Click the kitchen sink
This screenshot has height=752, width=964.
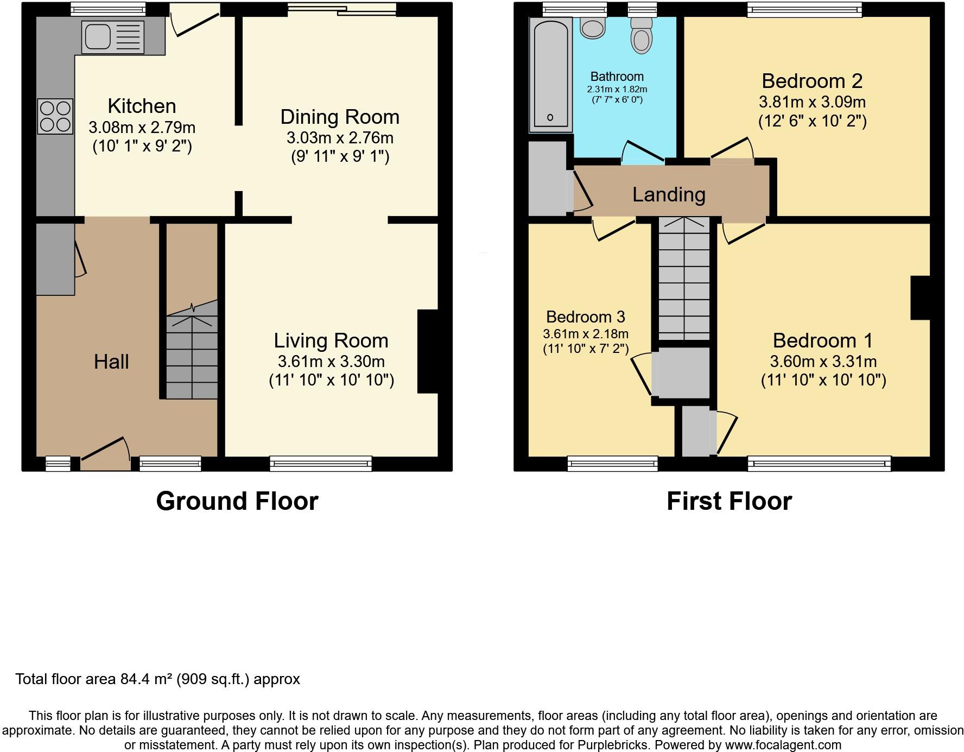pos(113,37)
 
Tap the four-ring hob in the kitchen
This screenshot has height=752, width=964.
pos(55,116)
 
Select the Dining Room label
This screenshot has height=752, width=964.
pos(340,117)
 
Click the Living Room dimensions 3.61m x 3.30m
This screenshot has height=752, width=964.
pos(331,361)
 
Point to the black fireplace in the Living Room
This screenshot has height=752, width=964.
pos(427,351)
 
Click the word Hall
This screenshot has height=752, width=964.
pos(111,362)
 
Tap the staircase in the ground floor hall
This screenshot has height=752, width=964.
pos(192,353)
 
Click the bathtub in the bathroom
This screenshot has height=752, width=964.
pos(551,73)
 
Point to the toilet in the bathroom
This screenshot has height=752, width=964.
pos(642,36)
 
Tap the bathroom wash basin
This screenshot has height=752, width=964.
pos(592,27)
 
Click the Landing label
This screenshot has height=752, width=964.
pos(669,194)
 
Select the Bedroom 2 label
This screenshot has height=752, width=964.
pos(812,81)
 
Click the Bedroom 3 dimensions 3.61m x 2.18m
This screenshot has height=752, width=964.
pos(586,334)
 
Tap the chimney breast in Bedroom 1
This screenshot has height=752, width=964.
pos(920,298)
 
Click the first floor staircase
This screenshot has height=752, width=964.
pos(684,280)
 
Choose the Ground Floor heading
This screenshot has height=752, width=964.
pos(237,501)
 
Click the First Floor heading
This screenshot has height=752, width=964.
pos(729,501)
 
